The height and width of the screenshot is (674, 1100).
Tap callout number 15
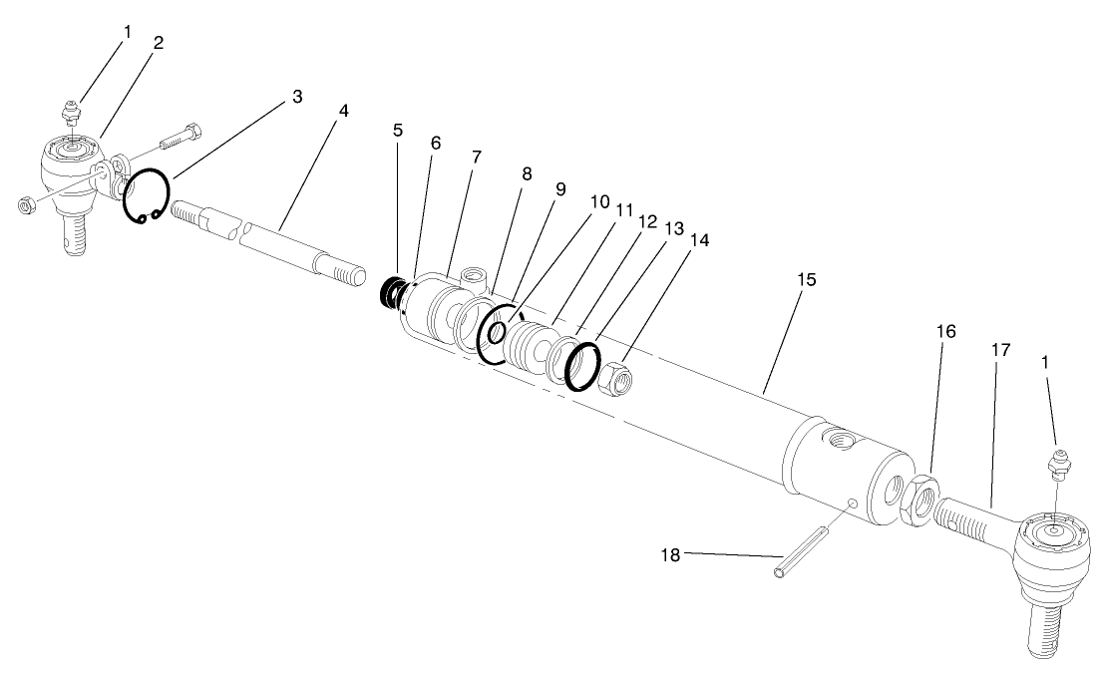(x=806, y=280)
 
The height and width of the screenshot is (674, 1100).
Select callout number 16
(x=946, y=331)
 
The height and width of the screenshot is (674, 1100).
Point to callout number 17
(x=1000, y=351)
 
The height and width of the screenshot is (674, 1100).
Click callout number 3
(x=297, y=97)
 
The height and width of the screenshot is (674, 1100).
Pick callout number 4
(x=343, y=110)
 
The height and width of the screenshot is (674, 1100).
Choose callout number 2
(x=159, y=43)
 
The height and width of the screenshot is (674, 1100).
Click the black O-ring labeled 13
(x=582, y=365)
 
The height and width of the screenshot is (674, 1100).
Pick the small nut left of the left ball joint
(x=27, y=204)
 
